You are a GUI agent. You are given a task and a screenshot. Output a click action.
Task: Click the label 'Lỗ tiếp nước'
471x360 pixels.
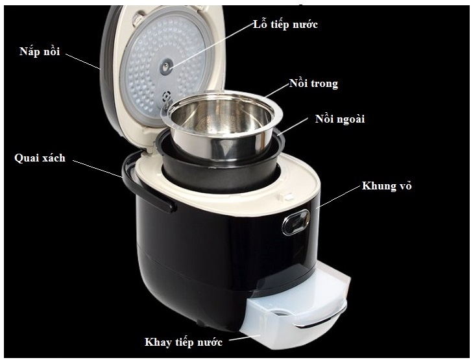285,24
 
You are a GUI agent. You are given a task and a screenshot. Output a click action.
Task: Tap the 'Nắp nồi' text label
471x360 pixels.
40,51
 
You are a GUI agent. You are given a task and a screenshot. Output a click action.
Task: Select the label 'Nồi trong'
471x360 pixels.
313,84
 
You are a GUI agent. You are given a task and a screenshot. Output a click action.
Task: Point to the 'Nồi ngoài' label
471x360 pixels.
340,119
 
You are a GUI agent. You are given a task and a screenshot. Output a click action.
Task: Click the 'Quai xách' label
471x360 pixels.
40,158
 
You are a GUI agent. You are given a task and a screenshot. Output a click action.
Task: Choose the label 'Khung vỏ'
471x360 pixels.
386,186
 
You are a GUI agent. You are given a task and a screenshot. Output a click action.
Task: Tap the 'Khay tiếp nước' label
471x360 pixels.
184,342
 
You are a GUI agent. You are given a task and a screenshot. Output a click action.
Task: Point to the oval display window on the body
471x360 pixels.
296,222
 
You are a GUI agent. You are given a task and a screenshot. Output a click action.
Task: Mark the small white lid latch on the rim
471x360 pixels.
286,197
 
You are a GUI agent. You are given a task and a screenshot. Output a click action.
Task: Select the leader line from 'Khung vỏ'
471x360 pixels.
340,197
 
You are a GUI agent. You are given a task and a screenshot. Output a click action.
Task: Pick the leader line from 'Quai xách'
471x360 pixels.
97,169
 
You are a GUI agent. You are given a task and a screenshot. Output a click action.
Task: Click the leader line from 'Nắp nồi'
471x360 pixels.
83,62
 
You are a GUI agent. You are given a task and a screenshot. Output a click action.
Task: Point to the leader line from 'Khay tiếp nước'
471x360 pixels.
244,338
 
